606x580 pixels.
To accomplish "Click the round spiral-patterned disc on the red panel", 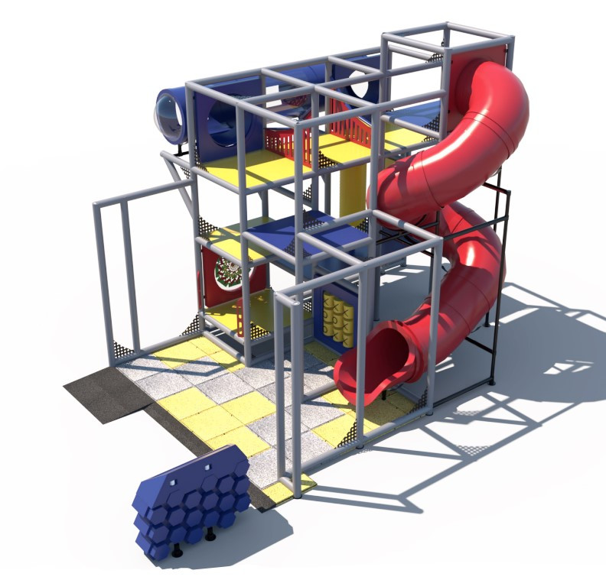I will click(x=228, y=272).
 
